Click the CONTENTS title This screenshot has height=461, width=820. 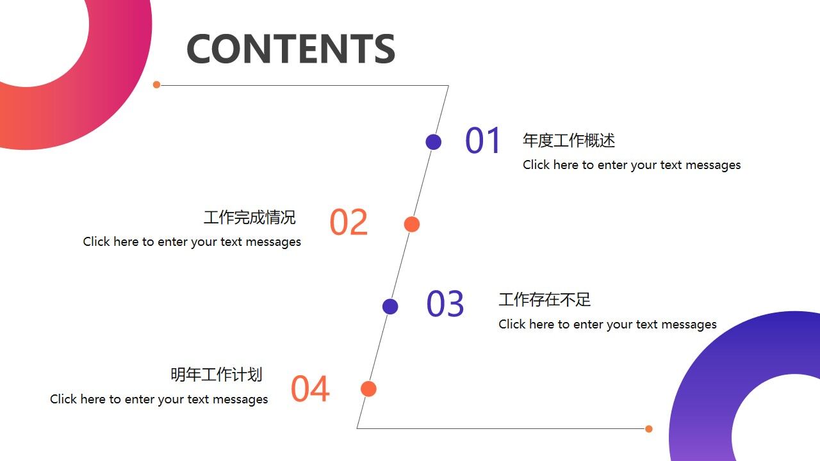point(290,49)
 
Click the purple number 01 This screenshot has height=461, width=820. point(483,141)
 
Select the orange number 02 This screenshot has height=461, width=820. point(348,222)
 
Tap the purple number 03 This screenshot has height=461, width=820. point(445,304)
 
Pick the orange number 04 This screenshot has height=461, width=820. point(310,389)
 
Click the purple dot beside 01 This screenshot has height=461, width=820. point(434,142)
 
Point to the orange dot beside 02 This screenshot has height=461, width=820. point(412,224)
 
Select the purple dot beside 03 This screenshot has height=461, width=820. point(390,306)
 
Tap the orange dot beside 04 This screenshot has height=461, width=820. point(368,389)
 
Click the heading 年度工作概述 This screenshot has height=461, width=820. point(569,140)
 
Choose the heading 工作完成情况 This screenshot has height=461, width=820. point(250,217)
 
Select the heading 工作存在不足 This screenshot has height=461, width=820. point(545,300)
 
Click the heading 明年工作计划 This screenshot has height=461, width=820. point(217,375)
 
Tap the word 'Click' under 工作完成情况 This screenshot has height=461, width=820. point(96,242)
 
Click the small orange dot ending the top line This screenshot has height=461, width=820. point(156,85)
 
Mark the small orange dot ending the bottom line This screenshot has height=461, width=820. point(649,429)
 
